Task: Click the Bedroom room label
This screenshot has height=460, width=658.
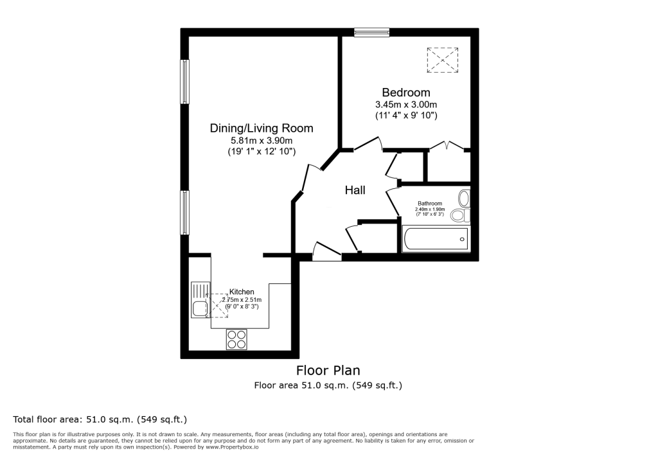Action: click(406, 93)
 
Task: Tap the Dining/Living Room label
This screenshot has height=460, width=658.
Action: click(262, 128)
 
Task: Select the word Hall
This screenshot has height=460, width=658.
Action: click(355, 190)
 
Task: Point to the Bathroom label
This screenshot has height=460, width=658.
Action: click(430, 204)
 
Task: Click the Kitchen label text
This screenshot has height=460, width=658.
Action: click(242, 292)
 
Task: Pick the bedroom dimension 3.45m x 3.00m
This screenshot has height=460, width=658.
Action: click(406, 105)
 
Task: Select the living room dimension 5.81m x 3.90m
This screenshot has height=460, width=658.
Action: click(262, 141)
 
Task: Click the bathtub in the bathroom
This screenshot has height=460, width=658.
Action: click(436, 239)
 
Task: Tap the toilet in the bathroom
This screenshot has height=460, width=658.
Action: click(459, 215)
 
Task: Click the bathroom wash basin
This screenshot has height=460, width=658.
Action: click(464, 198)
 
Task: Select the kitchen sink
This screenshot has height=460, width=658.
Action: click(200, 299)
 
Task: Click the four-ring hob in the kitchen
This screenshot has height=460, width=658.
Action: click(236, 339)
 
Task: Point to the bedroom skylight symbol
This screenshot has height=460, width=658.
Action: click(442, 60)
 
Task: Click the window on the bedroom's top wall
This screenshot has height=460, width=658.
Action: click(371, 32)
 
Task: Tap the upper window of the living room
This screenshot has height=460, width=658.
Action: click(184, 82)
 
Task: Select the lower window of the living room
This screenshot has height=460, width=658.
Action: click(184, 213)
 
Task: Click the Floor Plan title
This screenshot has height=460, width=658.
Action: click(328, 371)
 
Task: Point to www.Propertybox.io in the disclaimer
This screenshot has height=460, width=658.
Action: click(232, 447)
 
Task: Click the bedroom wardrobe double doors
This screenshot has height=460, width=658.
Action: click(446, 145)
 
